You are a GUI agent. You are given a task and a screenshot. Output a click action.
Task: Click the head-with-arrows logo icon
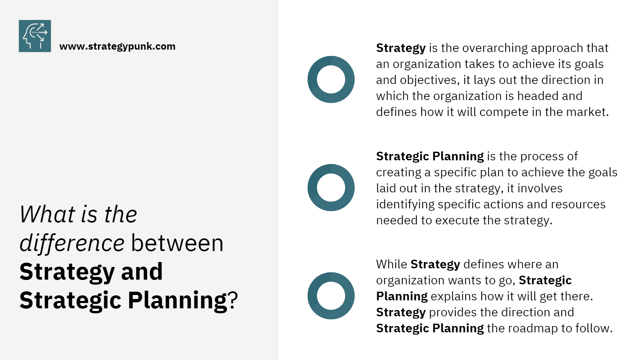[x=35, y=36]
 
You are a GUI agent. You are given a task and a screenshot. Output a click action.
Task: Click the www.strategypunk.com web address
[x=117, y=46]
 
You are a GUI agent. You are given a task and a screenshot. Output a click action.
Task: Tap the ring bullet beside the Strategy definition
[x=331, y=79]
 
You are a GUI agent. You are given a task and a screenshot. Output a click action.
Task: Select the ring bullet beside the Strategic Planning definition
[x=331, y=188]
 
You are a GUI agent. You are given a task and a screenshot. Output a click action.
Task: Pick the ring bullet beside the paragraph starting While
[x=331, y=296]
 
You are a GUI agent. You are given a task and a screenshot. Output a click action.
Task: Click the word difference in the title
[x=72, y=243]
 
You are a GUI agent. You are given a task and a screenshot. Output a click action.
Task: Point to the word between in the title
[x=177, y=243]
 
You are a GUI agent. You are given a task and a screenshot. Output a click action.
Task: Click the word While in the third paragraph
[x=391, y=264]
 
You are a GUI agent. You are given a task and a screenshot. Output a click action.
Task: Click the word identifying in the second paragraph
[x=405, y=204]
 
